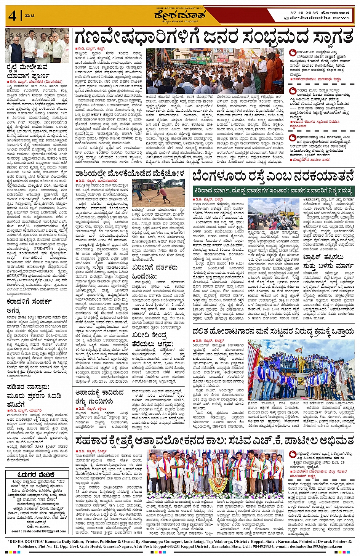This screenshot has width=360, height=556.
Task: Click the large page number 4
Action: [13, 16]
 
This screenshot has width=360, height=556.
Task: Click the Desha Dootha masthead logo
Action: [180, 16]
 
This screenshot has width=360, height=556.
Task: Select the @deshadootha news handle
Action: [317, 18]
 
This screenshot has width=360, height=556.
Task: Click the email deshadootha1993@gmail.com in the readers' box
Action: [38, 531]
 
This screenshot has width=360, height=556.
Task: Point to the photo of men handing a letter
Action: [37, 45]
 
